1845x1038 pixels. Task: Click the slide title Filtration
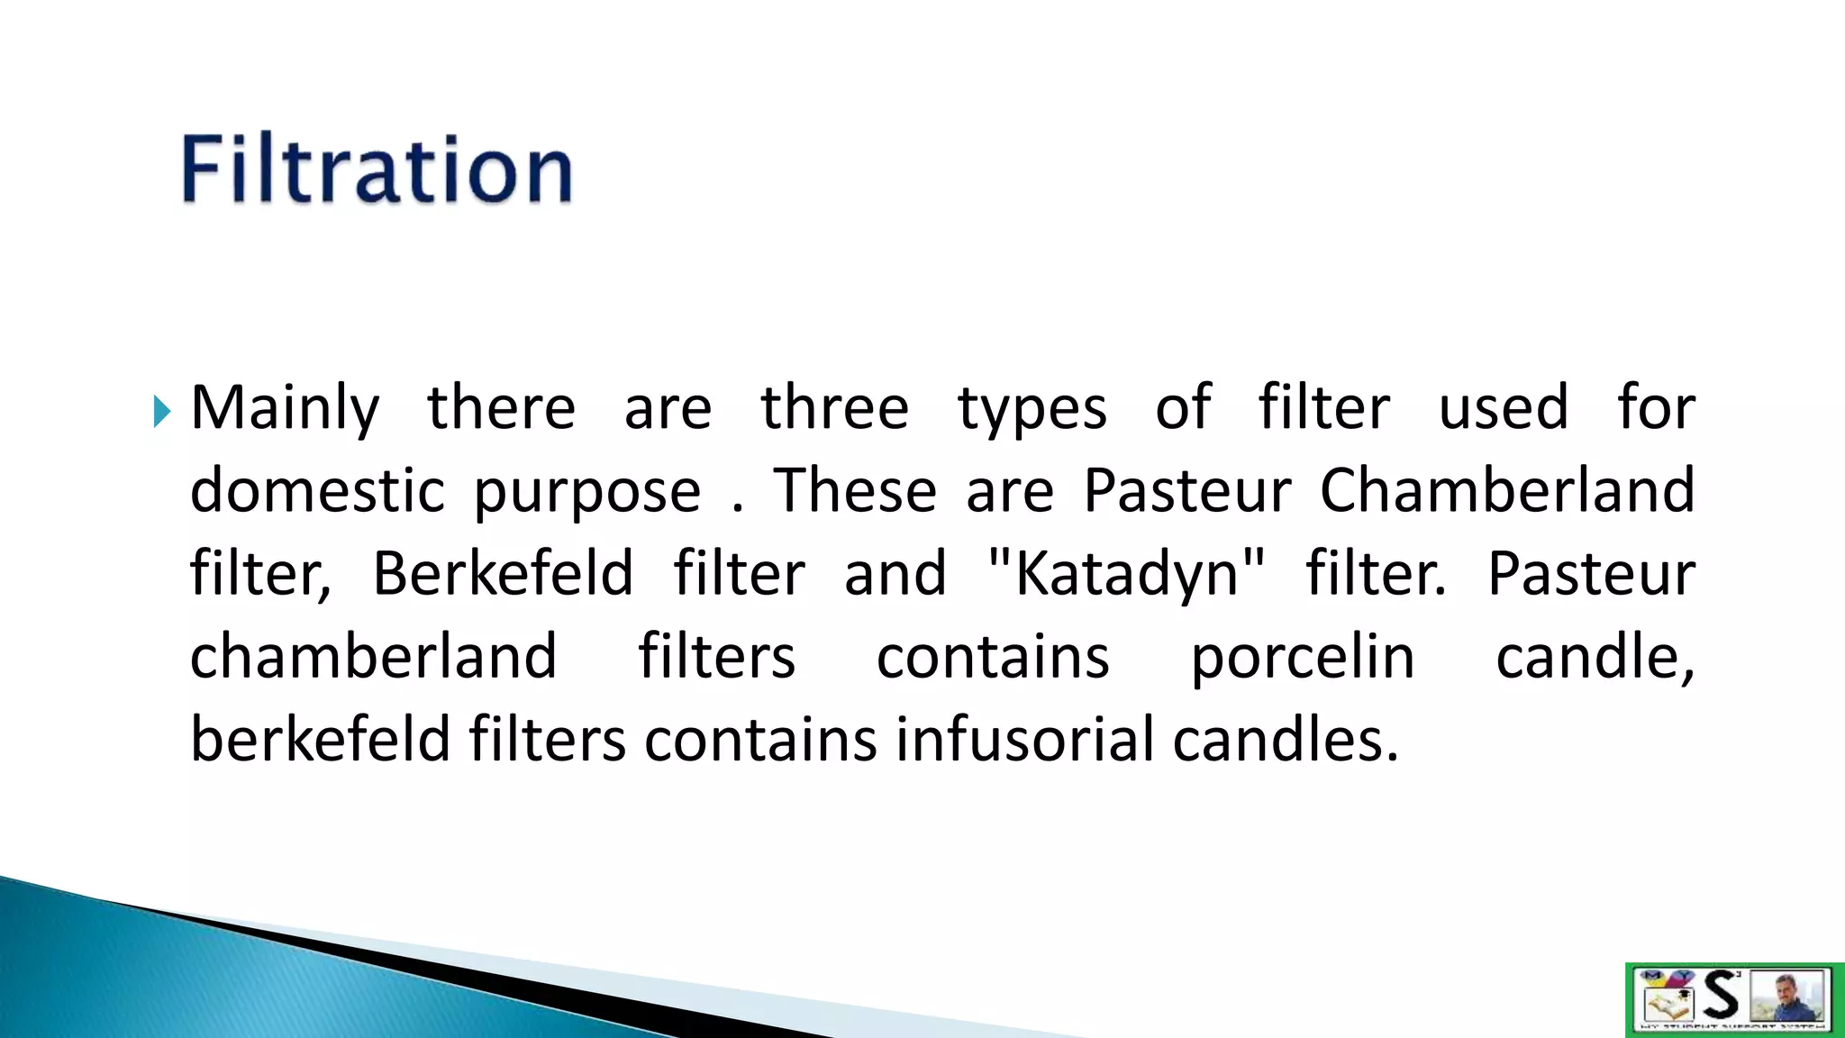pyautogui.click(x=377, y=169)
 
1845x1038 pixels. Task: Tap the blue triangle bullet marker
pyautogui.click(x=161, y=412)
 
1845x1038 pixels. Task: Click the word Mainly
pyautogui.click(x=285, y=410)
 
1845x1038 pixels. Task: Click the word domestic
pyautogui.click(x=317, y=491)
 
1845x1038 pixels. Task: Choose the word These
pyautogui.click(x=855, y=491)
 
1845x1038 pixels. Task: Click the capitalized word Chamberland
pyautogui.click(x=1507, y=491)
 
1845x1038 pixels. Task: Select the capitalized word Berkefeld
pyautogui.click(x=503, y=574)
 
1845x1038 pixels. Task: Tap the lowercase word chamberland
pyautogui.click(x=373, y=657)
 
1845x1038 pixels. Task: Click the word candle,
pyautogui.click(x=1595, y=658)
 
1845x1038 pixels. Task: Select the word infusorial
pyautogui.click(x=1024, y=740)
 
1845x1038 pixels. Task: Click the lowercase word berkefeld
pyautogui.click(x=320, y=740)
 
